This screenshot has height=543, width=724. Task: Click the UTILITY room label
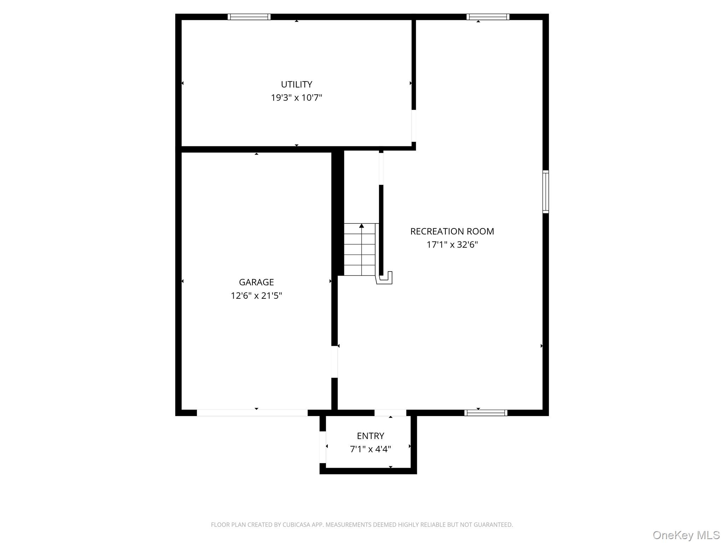297,84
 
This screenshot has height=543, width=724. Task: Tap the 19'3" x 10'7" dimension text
297,98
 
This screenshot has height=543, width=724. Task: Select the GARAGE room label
256,282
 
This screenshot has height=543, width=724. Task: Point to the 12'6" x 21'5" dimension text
256,296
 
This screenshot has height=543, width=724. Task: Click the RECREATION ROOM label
452,232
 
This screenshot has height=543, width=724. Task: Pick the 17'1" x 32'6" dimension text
452,245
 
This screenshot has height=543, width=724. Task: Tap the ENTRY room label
370,436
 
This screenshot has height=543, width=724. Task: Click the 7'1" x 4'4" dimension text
370,449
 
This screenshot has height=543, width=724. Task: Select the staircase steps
360,250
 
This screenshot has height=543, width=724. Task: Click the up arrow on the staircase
361,226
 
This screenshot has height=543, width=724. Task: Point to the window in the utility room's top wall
249,17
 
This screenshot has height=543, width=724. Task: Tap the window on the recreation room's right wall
546,192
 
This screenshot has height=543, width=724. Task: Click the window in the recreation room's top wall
488,17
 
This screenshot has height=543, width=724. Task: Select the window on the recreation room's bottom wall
486,413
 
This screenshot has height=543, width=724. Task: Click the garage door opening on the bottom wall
252,413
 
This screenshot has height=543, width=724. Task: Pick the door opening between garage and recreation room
334,362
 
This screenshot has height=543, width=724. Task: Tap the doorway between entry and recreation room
390,413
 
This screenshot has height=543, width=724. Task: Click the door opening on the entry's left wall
323,447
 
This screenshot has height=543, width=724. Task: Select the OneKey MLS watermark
686,535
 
